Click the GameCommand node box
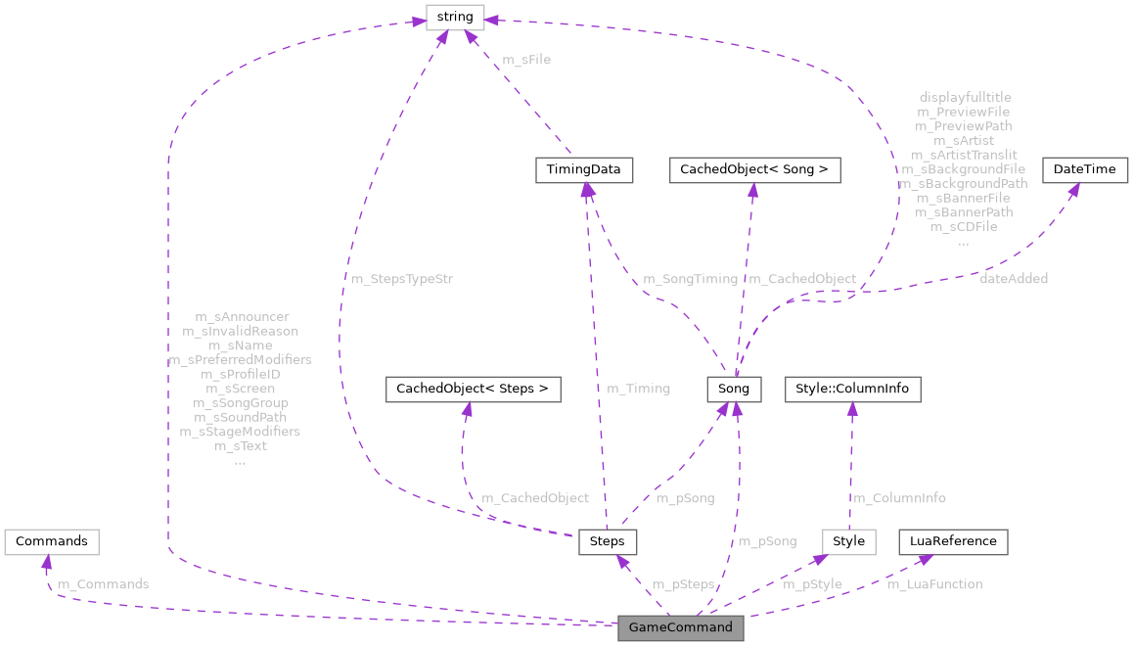click(681, 627)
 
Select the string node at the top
click(455, 17)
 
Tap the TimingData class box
click(584, 169)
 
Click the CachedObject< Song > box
click(752, 169)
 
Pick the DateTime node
click(1084, 169)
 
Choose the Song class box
click(734, 389)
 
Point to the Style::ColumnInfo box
click(851, 389)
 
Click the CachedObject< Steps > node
click(474, 389)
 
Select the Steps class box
click(608, 541)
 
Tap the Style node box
click(848, 541)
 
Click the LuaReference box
click(953, 541)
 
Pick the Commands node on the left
click(52, 541)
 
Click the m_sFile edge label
click(526, 60)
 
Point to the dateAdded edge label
click(1014, 279)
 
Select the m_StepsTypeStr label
click(401, 279)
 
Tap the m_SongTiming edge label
click(690, 279)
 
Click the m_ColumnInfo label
click(900, 498)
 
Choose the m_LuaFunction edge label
click(934, 584)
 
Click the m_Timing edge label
click(638, 389)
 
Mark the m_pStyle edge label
click(812, 584)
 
